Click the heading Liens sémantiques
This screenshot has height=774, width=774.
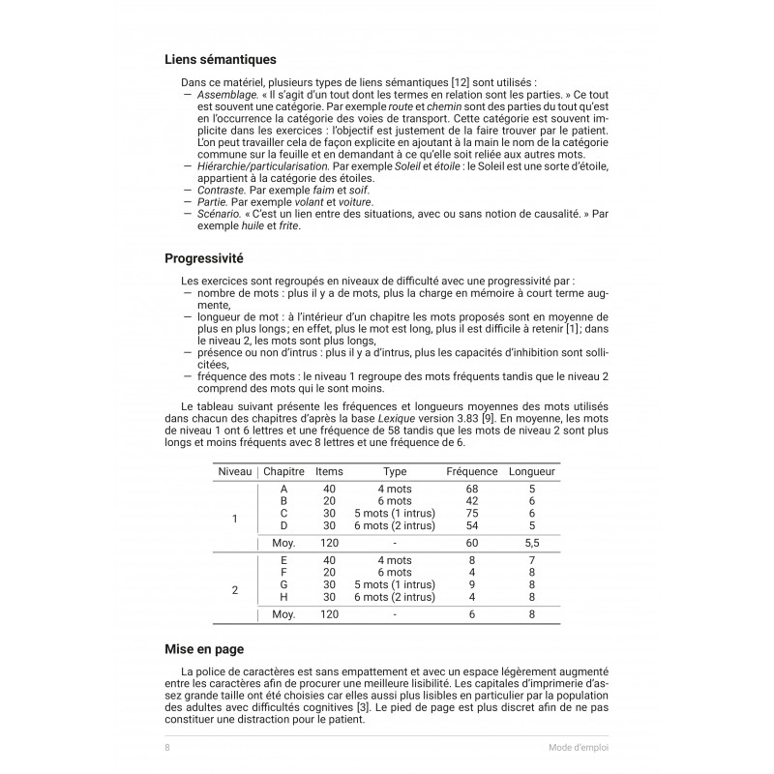(221, 59)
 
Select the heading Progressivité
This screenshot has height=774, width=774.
(203, 259)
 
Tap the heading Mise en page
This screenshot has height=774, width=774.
(204, 649)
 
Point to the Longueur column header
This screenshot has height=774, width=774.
(531, 471)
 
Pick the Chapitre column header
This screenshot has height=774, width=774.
(283, 471)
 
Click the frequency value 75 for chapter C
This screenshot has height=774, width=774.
(472, 513)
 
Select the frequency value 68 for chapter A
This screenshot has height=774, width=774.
(472, 490)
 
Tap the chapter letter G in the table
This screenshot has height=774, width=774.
(283, 584)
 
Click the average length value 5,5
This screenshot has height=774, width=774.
(531, 544)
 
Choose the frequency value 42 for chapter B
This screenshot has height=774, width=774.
(472, 501)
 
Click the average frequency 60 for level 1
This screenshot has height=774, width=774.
(472, 544)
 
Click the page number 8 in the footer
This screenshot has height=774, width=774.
(167, 747)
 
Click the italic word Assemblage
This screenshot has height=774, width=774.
(224, 97)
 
